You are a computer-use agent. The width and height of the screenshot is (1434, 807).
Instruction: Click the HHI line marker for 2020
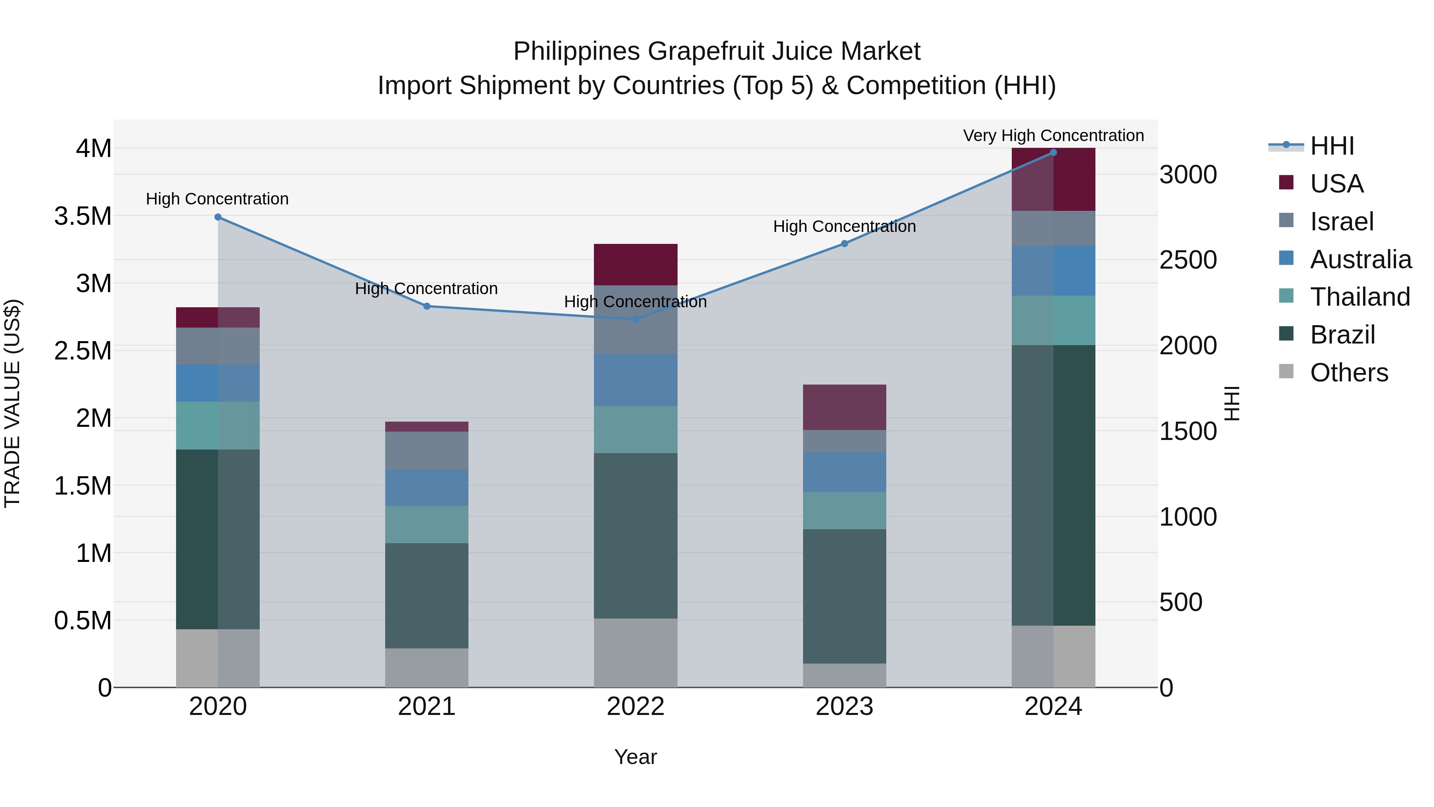point(217,217)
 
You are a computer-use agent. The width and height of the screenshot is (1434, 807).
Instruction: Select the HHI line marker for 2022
point(635,319)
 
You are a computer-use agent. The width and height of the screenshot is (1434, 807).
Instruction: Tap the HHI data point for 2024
point(1053,153)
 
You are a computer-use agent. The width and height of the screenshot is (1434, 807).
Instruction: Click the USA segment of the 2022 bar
point(635,265)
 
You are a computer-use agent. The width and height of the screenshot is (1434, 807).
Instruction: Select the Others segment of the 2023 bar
point(844,675)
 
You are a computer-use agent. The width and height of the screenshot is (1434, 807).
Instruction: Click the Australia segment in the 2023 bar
point(844,472)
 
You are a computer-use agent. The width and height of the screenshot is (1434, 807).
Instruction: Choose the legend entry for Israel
point(1342,222)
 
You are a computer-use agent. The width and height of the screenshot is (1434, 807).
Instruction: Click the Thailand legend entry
point(1360,297)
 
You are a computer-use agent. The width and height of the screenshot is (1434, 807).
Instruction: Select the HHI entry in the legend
point(1332,146)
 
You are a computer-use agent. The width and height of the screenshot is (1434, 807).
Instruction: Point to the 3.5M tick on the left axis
point(82,216)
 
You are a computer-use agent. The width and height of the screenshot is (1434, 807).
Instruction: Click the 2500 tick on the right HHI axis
point(1188,260)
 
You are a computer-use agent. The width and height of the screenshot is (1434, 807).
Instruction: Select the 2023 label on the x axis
point(844,707)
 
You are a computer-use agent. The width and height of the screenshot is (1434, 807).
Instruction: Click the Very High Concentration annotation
point(1053,135)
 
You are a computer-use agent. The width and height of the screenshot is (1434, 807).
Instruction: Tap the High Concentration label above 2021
point(426,289)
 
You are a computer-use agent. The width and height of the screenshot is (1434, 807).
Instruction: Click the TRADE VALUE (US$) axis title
point(12,403)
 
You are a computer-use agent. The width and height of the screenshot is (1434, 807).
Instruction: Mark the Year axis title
point(635,757)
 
